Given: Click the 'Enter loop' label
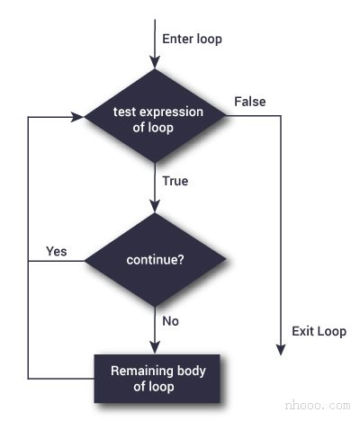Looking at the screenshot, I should (x=192, y=40).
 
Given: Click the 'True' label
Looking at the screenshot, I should (x=175, y=181).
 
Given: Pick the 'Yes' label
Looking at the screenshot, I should (x=56, y=251).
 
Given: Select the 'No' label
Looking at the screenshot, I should (x=170, y=320).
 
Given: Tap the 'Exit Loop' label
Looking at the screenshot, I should (x=319, y=331).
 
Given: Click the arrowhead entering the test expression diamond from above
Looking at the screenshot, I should (x=155, y=62).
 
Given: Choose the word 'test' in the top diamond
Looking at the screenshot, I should (x=124, y=112).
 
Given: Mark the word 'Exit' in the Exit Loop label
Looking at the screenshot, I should (x=303, y=331).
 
